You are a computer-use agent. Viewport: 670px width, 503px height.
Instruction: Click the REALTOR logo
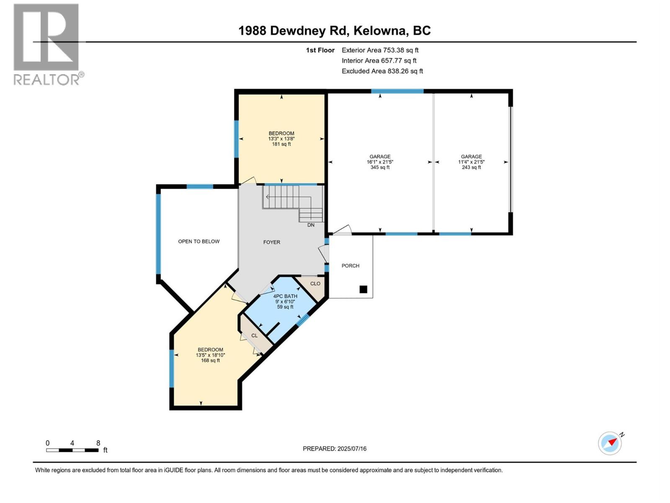coord(46,44)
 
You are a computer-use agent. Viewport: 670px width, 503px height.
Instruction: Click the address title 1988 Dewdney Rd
coord(334,31)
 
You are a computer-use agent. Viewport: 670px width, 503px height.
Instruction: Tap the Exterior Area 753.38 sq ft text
coord(380,50)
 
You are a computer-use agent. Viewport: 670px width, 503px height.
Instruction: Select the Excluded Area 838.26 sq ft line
coord(382,71)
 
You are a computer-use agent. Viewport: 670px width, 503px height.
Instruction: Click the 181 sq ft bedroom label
coord(281,139)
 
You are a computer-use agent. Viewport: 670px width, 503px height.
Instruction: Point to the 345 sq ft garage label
coord(380,162)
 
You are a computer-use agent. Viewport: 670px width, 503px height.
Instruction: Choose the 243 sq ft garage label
coord(471,162)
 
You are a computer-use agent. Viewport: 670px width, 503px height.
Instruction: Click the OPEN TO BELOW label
coord(198,241)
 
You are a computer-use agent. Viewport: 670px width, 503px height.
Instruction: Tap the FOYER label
coord(271,242)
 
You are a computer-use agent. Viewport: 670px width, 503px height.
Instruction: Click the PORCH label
coord(350,266)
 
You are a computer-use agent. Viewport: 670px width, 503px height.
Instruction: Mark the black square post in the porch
coord(363,289)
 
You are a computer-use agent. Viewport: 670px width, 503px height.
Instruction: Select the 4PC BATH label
coord(285,301)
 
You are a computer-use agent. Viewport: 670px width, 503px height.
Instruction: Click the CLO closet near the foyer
coord(315,284)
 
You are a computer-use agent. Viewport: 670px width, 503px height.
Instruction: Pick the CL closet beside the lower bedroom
coord(254,336)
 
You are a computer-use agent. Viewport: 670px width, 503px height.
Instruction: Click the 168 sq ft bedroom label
coord(210,355)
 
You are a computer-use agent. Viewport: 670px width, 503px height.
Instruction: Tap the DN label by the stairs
coord(311,225)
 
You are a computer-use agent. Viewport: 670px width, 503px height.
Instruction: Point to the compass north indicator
coord(611,443)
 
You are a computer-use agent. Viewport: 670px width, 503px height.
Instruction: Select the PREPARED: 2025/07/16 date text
coord(334,449)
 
